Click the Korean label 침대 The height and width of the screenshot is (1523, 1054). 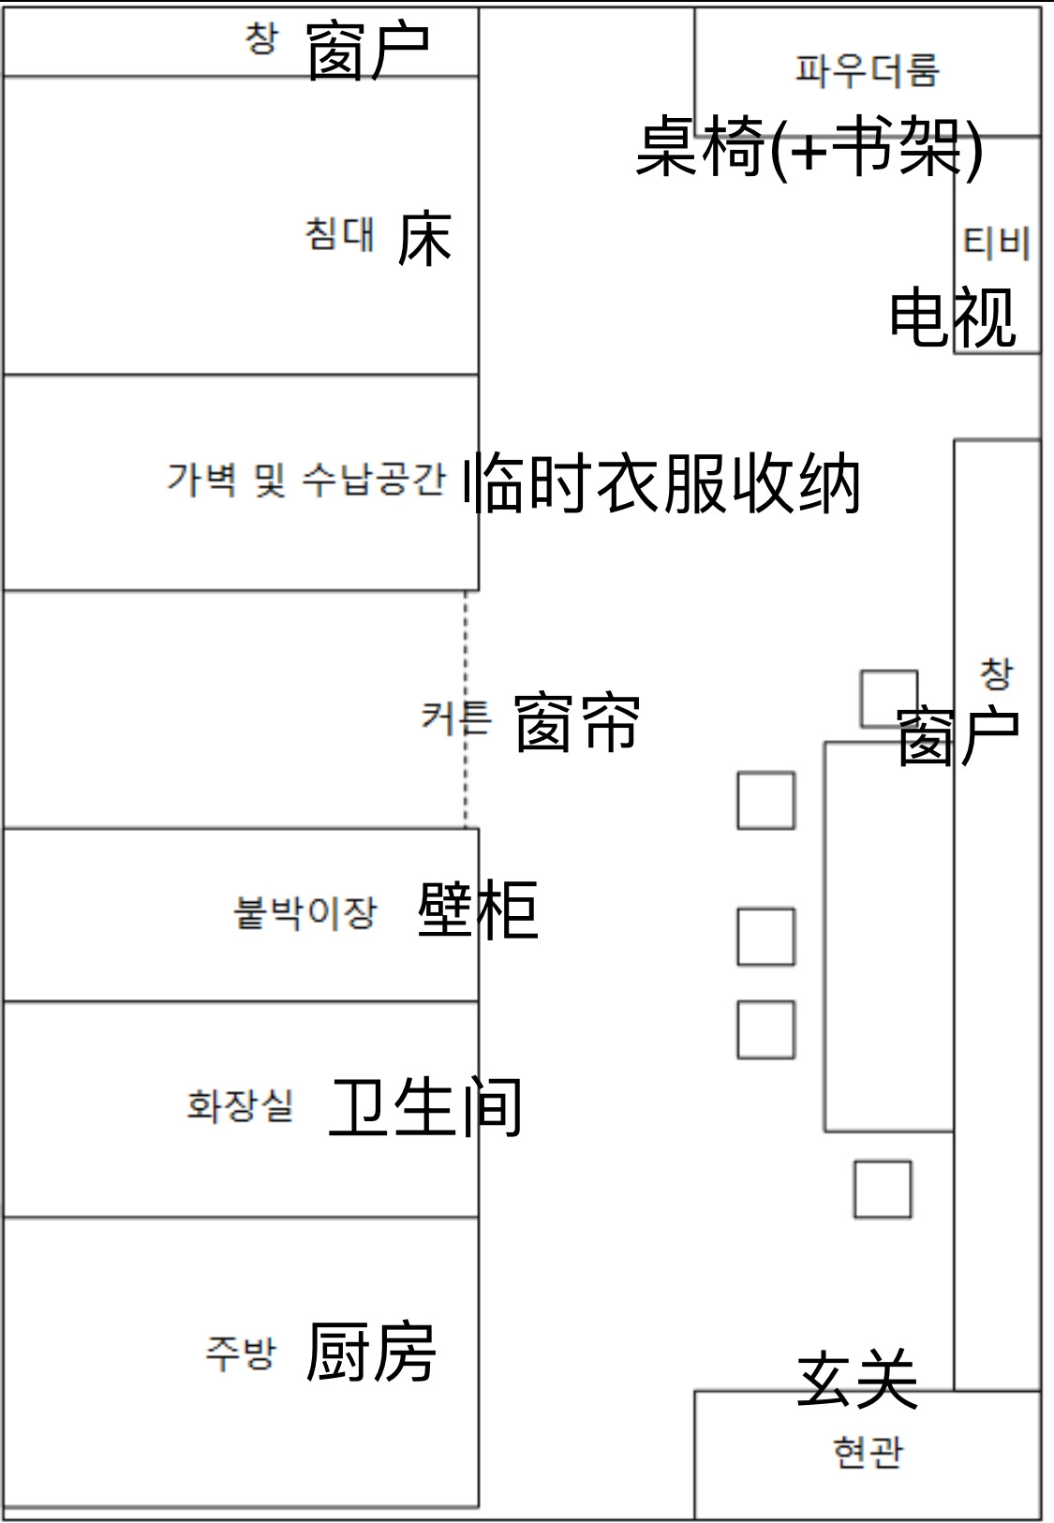[339, 233]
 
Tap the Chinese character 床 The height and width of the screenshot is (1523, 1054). [424, 240]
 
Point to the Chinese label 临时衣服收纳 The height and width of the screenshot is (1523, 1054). [661, 483]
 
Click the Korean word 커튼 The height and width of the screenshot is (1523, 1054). [455, 717]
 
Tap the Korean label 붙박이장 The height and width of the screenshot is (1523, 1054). [305, 912]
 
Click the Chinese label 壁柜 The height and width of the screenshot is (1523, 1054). [478, 910]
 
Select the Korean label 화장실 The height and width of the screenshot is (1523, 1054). [241, 1105]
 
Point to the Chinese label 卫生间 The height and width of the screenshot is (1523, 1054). [426, 1108]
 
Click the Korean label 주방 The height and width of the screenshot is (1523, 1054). [241, 1353]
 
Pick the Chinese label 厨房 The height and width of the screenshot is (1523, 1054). [371, 1353]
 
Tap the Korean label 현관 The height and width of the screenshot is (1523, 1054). [868, 1452]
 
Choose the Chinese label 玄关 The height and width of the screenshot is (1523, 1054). [857, 1379]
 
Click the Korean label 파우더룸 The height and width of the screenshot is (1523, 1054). [867, 70]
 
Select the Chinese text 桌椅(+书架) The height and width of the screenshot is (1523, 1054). [809, 148]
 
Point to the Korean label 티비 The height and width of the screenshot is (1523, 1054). [997, 244]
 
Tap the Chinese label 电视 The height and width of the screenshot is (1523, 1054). [952, 318]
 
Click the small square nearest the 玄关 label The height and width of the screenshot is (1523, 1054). [883, 1189]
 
